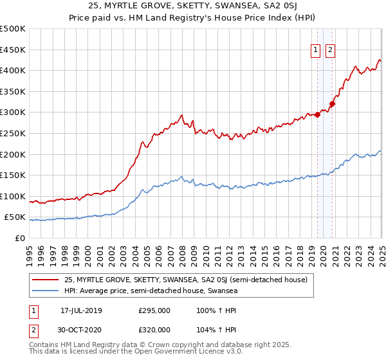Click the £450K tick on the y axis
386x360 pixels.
coord(14,50)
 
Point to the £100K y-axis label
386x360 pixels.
coord(14,196)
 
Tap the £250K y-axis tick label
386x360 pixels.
coord(14,133)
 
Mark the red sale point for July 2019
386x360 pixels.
coord(318,115)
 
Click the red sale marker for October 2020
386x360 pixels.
coord(333,104)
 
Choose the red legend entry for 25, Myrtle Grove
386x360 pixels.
coord(187,280)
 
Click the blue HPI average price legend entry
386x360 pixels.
coord(151,291)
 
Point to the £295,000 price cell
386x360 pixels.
coord(154,310)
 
